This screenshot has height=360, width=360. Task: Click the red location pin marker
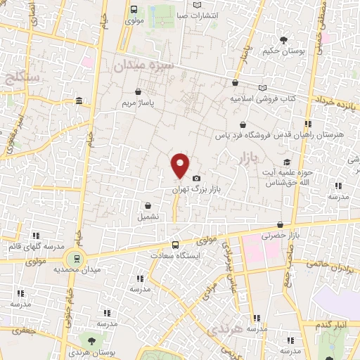[x=181, y=165]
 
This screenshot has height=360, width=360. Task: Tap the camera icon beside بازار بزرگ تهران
[x=196, y=179]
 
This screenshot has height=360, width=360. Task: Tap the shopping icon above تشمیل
[x=148, y=206]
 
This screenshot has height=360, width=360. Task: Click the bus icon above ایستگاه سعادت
[x=174, y=245]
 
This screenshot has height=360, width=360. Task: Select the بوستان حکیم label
[x=282, y=51]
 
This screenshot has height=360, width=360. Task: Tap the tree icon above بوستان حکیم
[x=283, y=39]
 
